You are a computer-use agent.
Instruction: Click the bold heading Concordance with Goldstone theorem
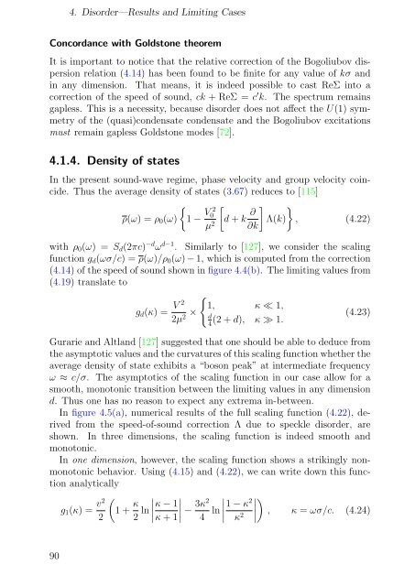(x=123, y=43)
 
